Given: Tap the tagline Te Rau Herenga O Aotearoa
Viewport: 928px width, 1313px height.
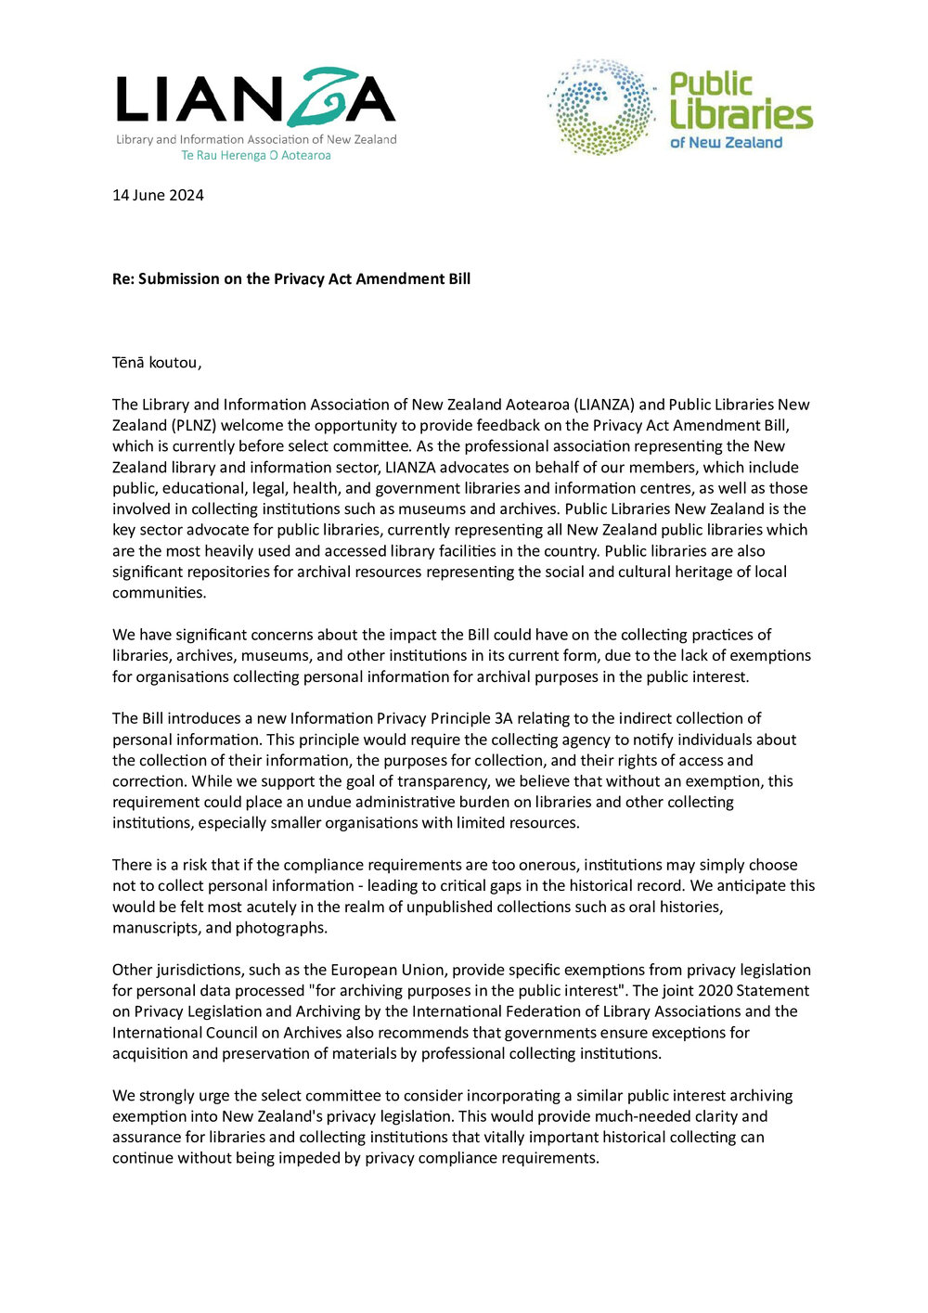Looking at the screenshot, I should coord(256,156).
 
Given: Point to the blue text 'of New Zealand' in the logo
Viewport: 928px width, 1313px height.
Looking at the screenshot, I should coord(727,143).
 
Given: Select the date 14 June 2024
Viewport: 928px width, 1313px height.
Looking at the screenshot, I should coord(158,195).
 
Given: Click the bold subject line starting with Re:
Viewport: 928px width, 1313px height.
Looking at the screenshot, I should coord(291,278).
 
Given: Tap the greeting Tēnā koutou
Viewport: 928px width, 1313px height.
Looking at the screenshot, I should coord(156,363).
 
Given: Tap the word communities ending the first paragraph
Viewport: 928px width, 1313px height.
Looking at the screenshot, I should coord(158,593).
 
